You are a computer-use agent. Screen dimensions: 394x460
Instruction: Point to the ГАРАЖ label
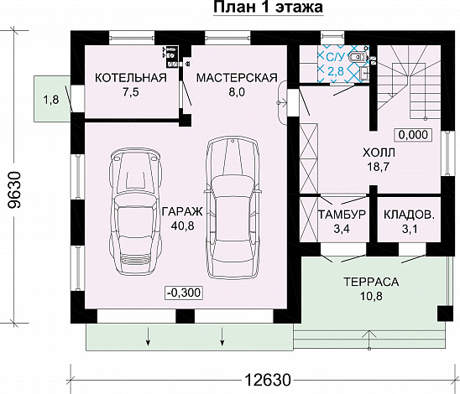click(x=176, y=211)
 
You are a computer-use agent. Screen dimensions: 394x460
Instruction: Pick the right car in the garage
click(x=234, y=205)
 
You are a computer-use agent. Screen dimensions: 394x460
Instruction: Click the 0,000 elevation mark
click(x=414, y=134)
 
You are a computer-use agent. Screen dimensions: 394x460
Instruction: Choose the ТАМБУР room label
click(x=342, y=215)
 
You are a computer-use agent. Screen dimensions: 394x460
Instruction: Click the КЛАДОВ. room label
click(x=409, y=215)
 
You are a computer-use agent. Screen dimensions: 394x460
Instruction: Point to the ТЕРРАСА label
click(x=370, y=282)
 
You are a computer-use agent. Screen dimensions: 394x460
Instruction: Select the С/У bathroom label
click(x=334, y=57)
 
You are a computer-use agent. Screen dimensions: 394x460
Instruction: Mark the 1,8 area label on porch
click(x=50, y=101)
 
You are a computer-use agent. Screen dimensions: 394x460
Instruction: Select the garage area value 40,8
click(x=176, y=226)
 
